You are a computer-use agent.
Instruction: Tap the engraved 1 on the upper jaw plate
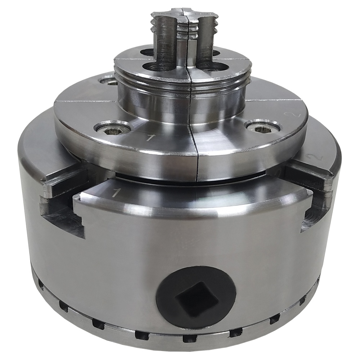[150, 138]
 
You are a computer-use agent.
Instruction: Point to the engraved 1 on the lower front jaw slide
[116, 193]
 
